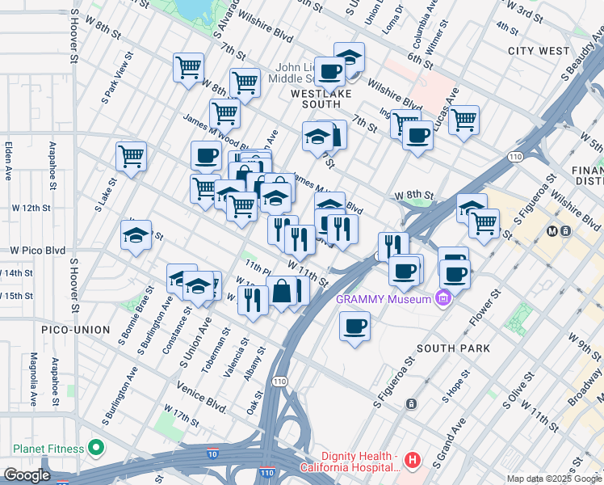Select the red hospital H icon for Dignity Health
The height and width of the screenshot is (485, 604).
point(413,461)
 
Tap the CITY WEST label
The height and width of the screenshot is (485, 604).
point(539,51)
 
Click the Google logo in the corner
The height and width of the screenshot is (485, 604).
point(27,474)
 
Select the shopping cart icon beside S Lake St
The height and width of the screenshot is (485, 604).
point(131,156)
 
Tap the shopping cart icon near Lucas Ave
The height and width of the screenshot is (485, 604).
point(463,120)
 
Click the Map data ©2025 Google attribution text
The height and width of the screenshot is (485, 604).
point(554,479)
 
